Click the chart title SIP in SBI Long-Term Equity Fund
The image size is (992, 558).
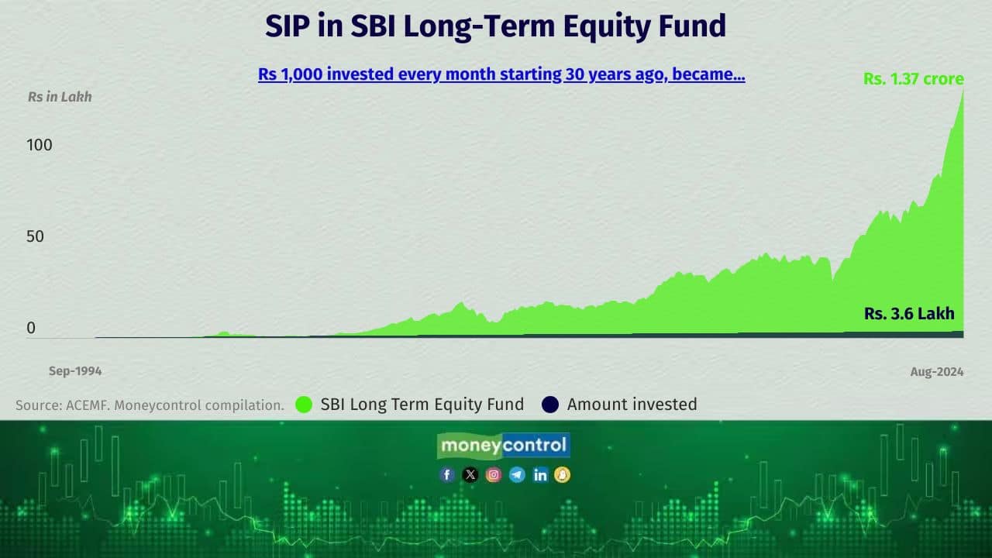tap(495, 26)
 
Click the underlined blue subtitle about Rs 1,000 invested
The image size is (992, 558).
tap(501, 75)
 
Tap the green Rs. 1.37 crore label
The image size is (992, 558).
tap(914, 79)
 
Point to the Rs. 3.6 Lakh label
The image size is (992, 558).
tap(909, 314)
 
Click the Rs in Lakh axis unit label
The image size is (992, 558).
tap(60, 97)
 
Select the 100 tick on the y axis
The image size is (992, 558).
tap(39, 145)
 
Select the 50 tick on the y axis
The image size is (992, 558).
tap(35, 236)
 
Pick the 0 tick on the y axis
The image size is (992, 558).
tap(31, 328)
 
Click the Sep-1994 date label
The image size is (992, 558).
tap(75, 371)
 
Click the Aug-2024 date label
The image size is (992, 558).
tap(937, 372)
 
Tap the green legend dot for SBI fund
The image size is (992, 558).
tap(304, 405)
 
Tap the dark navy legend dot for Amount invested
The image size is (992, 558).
tap(549, 405)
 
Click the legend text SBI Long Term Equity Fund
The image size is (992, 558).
tap(422, 405)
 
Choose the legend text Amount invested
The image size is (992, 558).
tap(632, 405)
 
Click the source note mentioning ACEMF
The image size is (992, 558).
tap(150, 405)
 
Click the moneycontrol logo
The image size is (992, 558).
tap(504, 446)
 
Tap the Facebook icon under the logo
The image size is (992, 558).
tap(447, 475)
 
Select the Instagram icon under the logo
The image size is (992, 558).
tap(494, 475)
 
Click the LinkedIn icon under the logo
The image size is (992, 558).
tap(540, 475)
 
